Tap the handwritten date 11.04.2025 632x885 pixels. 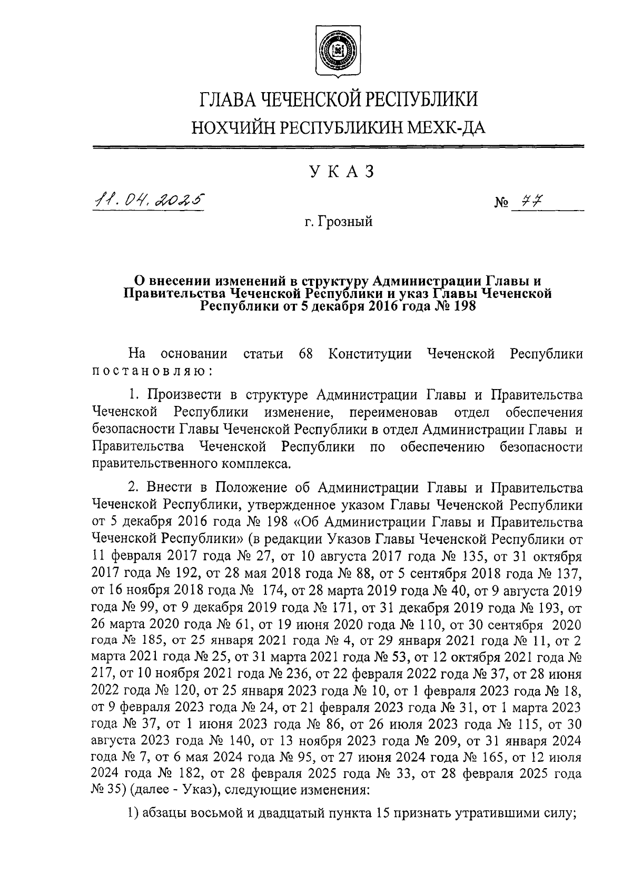pos(148,200)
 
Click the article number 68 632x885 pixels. pos(306,354)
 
